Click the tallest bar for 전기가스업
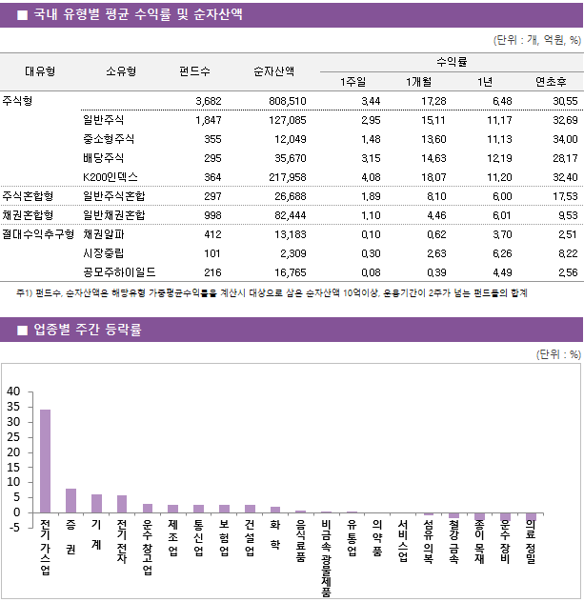tap(45, 461)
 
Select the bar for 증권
tap(70, 501)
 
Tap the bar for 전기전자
tap(122, 504)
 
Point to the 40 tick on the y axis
tap(12, 391)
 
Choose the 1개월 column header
tap(419, 81)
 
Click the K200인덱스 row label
tap(111, 176)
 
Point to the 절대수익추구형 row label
tap(38, 233)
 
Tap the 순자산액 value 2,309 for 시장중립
tap(292, 252)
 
